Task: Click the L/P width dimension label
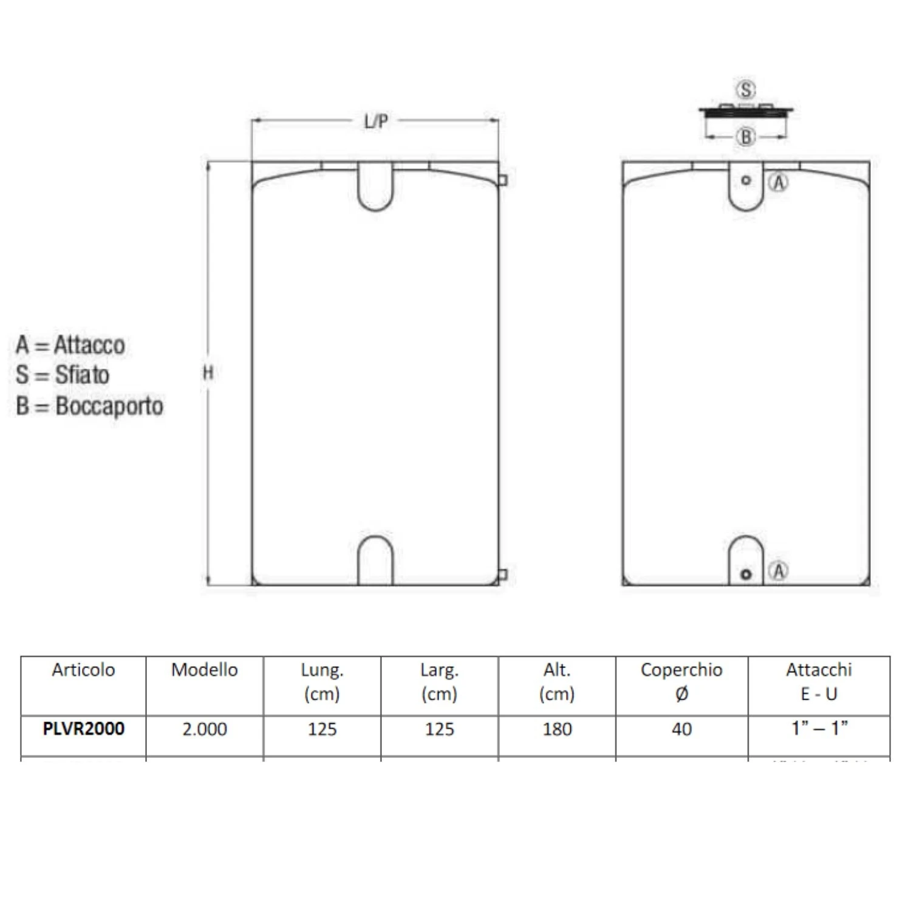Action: [x=376, y=121]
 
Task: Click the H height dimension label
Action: [x=208, y=372]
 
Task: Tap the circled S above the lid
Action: [x=746, y=90]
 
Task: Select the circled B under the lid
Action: [x=746, y=137]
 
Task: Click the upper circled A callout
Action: [x=779, y=182]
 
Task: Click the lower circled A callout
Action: [x=778, y=571]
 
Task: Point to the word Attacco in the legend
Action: [x=89, y=345]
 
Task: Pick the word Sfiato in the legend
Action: [x=82, y=375]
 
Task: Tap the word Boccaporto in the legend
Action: [x=109, y=406]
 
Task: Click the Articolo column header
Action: [x=83, y=670]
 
